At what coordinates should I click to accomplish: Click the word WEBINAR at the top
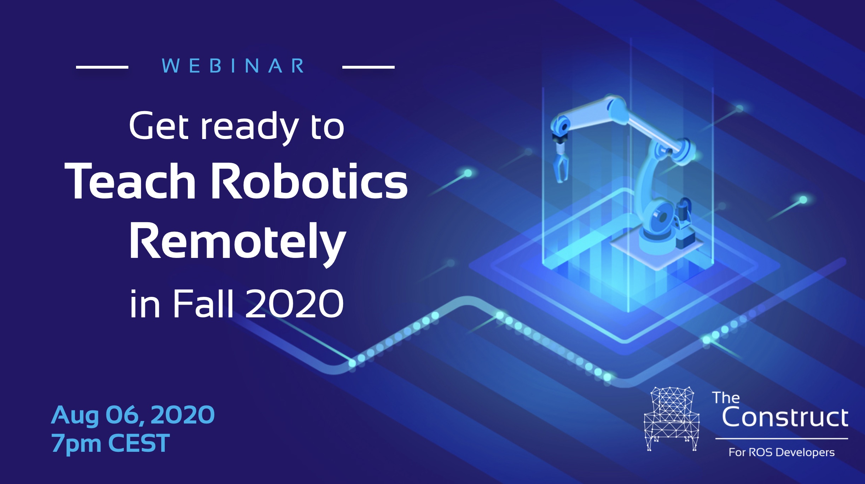click(x=233, y=66)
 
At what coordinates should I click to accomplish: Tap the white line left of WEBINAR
click(x=102, y=67)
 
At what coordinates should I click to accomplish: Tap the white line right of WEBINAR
click(x=368, y=67)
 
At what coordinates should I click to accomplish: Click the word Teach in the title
click(x=130, y=181)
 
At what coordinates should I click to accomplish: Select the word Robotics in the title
click(x=309, y=181)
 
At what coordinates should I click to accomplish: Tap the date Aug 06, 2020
click(x=133, y=415)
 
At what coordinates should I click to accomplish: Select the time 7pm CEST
click(x=110, y=443)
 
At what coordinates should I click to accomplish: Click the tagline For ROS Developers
click(x=782, y=452)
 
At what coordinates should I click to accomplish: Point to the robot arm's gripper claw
click(x=560, y=163)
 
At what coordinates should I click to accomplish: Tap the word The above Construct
click(x=726, y=398)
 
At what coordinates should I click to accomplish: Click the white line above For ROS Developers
click(x=782, y=439)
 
